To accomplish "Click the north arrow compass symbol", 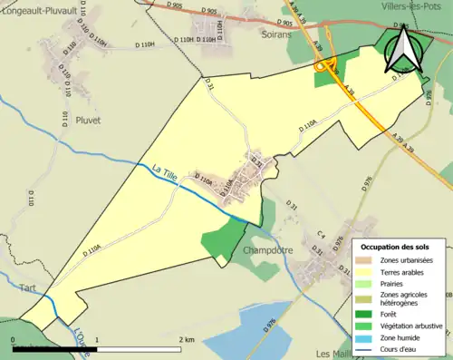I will coord(402,49).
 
